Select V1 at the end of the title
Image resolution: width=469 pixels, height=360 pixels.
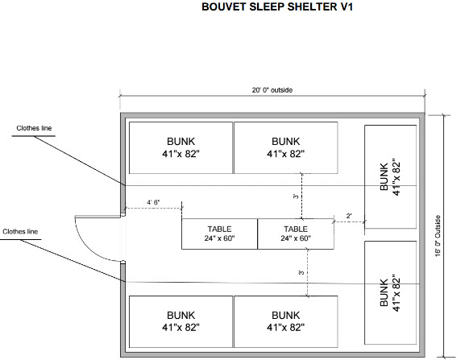click(347, 6)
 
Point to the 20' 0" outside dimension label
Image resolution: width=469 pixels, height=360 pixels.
click(272, 90)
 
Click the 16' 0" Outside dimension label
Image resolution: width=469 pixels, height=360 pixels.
click(438, 236)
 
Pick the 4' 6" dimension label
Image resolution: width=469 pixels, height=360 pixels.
click(153, 202)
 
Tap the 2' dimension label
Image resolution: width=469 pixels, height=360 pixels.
click(349, 216)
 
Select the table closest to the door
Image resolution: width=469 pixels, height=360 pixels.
click(219, 234)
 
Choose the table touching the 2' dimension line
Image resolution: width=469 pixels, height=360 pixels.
click(296, 234)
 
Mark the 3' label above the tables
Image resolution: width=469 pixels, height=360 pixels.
click(296, 197)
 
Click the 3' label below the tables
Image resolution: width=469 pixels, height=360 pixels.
click(301, 272)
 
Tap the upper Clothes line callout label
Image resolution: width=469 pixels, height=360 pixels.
click(34, 128)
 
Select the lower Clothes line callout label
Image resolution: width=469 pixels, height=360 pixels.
click(20, 232)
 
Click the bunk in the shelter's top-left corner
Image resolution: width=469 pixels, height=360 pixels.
click(181, 147)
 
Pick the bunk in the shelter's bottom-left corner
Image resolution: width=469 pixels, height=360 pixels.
click(181, 321)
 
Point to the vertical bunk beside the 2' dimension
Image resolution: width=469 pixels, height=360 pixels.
click(390, 176)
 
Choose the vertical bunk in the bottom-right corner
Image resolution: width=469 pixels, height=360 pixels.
click(390, 292)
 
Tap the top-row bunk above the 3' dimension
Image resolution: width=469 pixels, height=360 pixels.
click(286, 147)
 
